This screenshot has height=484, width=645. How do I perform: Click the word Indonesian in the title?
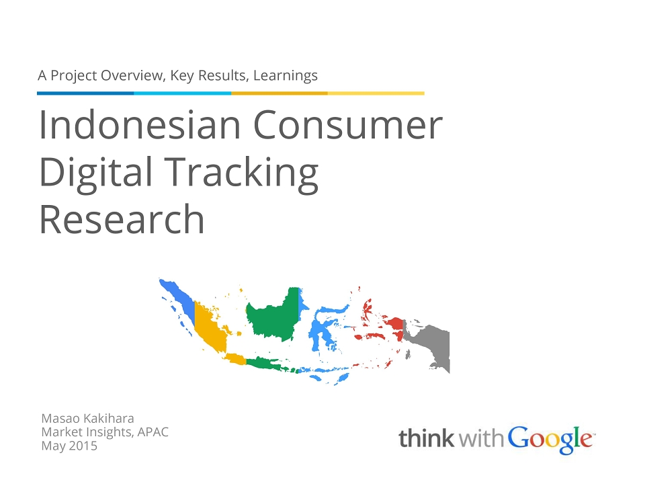tap(140, 125)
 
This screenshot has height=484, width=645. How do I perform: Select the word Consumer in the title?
tap(347, 125)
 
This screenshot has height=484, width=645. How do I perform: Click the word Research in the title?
tap(122, 219)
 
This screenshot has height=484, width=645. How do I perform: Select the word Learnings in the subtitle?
tap(286, 76)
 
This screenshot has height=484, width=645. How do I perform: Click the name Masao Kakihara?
tap(87, 418)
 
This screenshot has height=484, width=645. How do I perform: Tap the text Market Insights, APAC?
tap(105, 432)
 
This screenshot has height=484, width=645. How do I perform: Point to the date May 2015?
tap(69, 446)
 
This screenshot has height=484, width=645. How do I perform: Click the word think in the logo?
tap(427, 438)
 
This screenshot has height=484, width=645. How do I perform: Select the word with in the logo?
tap(481, 438)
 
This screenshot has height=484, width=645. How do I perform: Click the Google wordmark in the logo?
tap(551, 440)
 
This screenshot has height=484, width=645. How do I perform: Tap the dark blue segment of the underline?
tap(85, 93)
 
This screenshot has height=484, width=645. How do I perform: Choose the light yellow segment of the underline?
tap(376, 93)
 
